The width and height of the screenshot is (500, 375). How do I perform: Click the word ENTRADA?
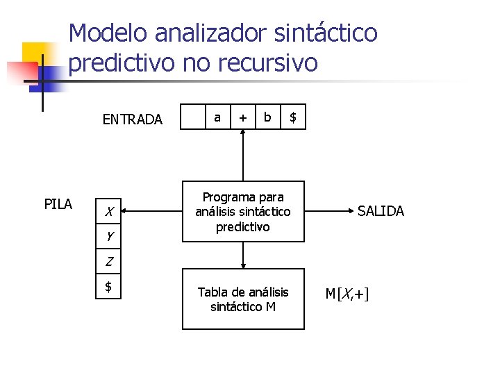(x=132, y=119)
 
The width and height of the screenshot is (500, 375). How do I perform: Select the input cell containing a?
(x=217, y=117)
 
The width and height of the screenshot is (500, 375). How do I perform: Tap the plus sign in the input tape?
(x=242, y=118)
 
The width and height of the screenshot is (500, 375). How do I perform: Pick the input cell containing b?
(x=268, y=117)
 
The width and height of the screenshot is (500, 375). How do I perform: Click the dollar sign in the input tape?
(x=293, y=117)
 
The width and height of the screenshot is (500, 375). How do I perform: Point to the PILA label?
(x=58, y=204)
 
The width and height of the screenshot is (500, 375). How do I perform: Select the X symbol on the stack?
(x=109, y=211)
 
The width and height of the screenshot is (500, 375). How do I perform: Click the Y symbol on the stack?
(x=109, y=236)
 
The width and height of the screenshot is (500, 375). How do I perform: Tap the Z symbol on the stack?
(x=109, y=262)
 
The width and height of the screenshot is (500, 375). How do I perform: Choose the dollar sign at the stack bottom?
(x=108, y=285)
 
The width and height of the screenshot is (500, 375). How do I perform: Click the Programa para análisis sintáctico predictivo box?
(x=243, y=212)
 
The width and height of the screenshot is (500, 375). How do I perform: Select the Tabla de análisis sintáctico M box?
(x=243, y=299)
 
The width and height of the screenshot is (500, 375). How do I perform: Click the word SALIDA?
(x=381, y=211)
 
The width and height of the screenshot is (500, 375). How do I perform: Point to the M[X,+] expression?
(x=347, y=294)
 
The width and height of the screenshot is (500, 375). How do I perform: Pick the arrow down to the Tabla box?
(x=243, y=255)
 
